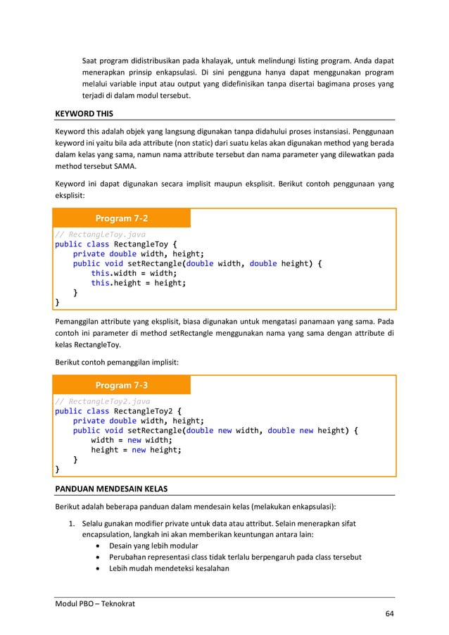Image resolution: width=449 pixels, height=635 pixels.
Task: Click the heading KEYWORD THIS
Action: pyautogui.click(x=84, y=113)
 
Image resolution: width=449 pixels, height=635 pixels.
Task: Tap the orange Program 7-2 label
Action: pyautogui.click(x=122, y=218)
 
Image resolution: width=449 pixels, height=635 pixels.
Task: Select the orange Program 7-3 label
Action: pyautogui.click(x=122, y=386)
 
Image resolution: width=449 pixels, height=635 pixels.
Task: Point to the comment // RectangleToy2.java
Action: pyautogui.click(x=103, y=401)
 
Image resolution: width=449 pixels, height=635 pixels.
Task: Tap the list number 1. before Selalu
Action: pyautogui.click(x=71, y=523)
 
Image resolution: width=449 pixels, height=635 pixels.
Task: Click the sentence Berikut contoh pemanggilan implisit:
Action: pyautogui.click(x=117, y=362)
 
